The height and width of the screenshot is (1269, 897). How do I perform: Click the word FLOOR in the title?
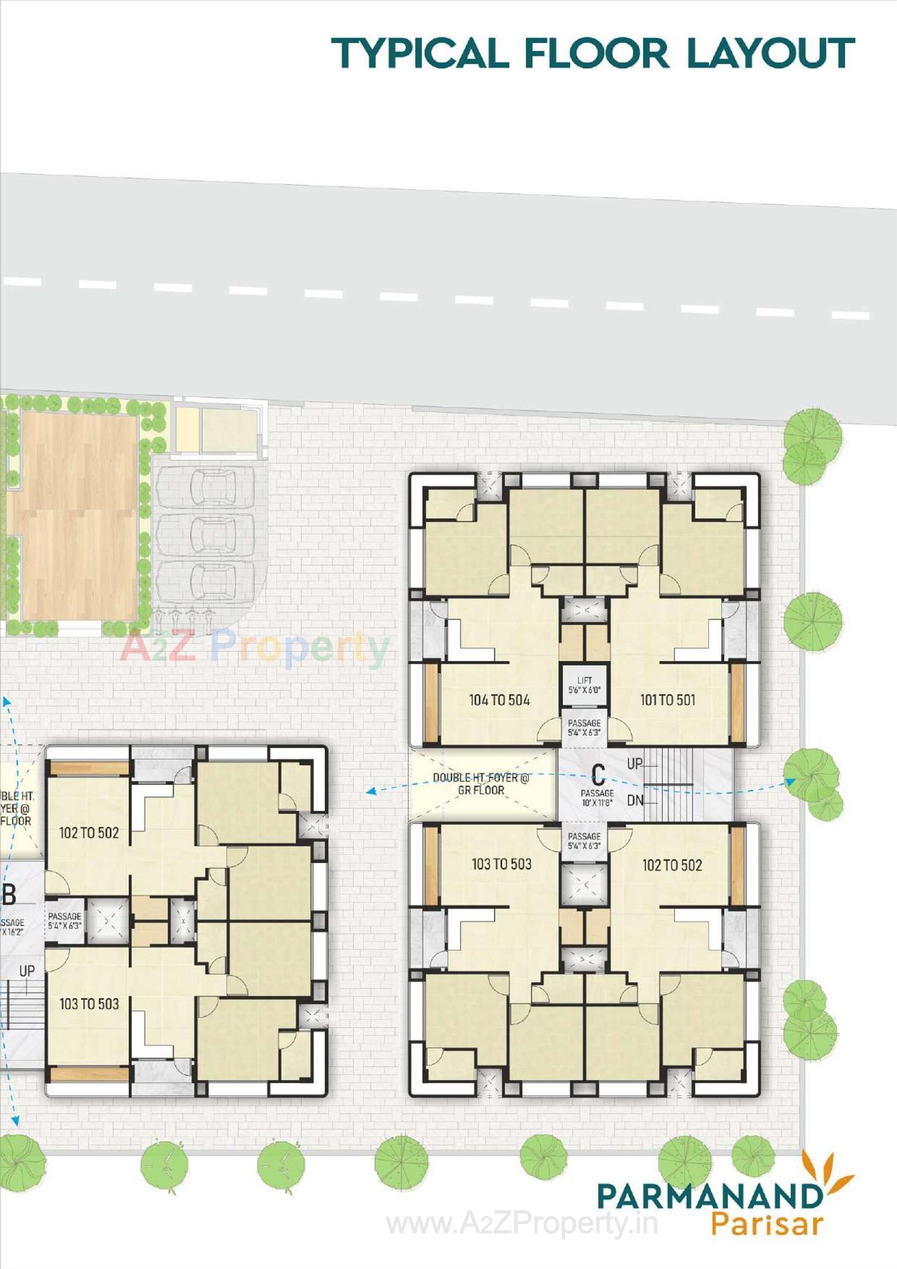point(596,54)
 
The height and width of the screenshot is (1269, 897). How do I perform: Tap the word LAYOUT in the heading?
point(771,54)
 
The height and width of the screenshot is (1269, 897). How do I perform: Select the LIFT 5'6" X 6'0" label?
point(584,686)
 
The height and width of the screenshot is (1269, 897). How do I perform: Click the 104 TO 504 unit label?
point(499,700)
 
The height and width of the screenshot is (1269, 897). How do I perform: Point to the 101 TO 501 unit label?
point(667,700)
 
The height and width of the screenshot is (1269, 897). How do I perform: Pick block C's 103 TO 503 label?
point(501,865)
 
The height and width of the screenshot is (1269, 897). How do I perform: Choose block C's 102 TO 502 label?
point(672,866)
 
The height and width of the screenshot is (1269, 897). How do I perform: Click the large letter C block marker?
point(598,775)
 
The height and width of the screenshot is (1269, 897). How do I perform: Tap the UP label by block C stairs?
point(635,764)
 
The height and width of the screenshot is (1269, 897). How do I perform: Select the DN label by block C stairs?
point(635,800)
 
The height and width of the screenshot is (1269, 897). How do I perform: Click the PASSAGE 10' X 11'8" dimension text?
point(597,798)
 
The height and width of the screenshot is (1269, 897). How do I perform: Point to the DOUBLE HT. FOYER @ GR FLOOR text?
point(481,784)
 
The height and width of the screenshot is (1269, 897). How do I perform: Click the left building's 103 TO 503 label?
point(89,1004)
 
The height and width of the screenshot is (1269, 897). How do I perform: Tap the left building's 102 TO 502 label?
point(89,833)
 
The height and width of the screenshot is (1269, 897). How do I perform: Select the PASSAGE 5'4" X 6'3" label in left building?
point(65,921)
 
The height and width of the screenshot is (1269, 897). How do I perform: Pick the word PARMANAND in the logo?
point(710,1196)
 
